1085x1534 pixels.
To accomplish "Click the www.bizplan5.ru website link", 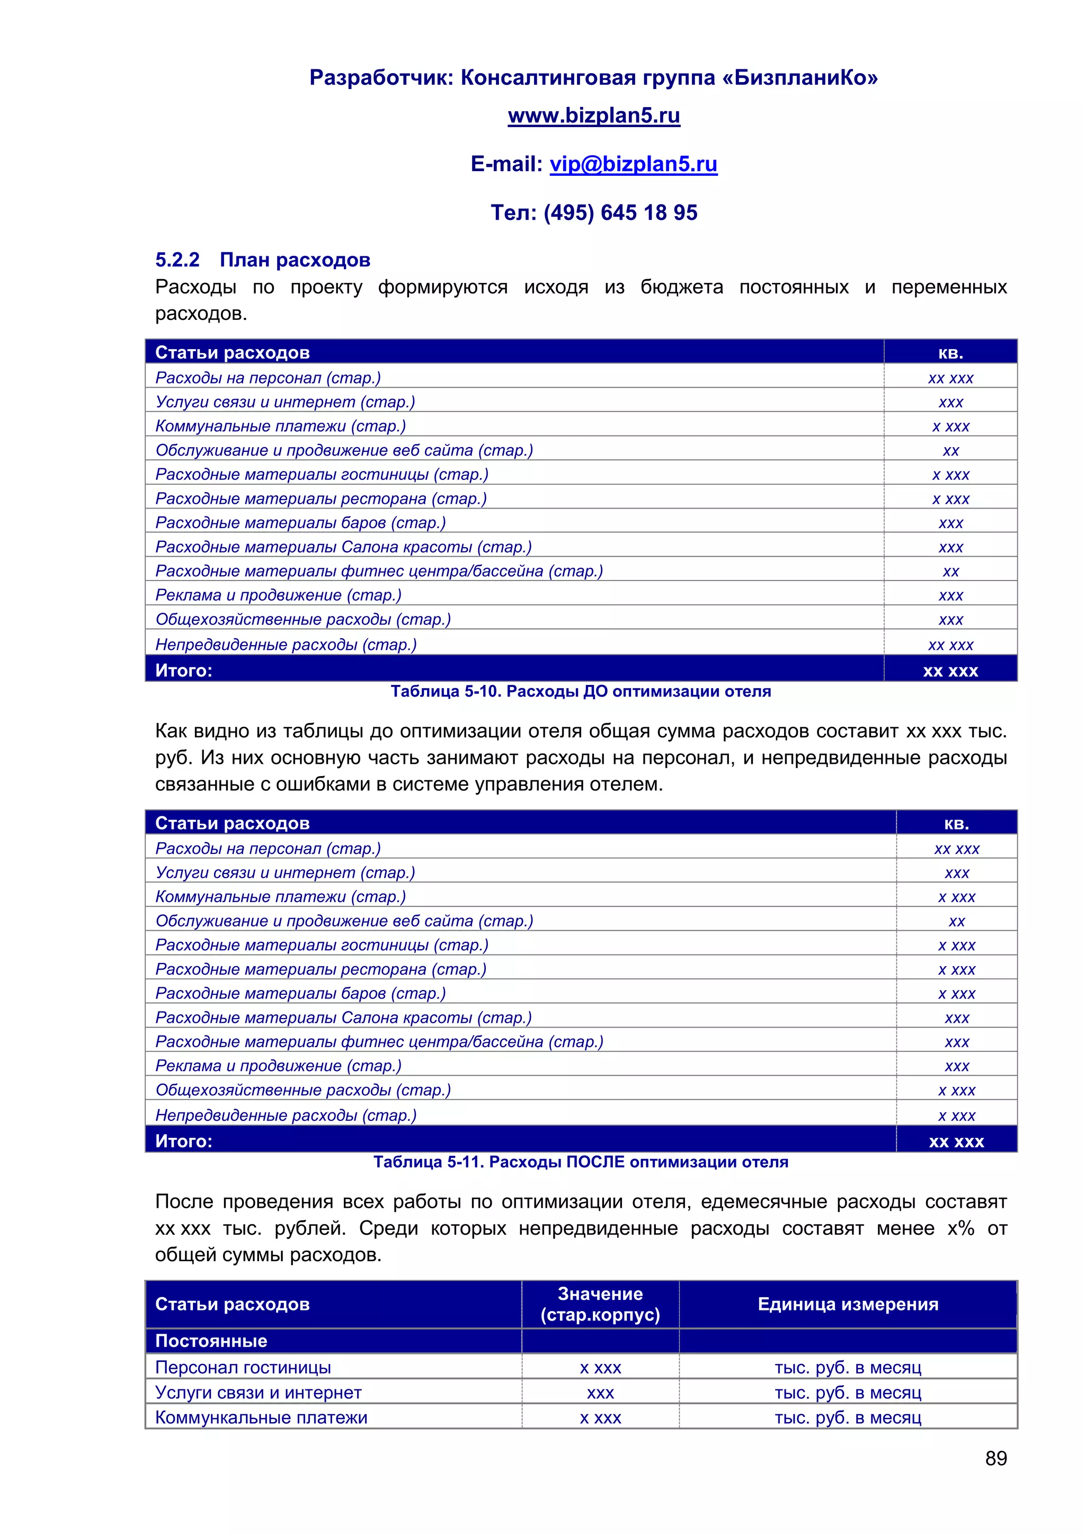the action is [x=593, y=115].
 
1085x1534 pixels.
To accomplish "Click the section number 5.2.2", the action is [x=177, y=260].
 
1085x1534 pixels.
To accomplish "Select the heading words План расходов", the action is [x=295, y=260].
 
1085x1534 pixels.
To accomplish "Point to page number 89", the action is [x=995, y=1458].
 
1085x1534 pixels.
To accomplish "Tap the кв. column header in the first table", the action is [x=950, y=352].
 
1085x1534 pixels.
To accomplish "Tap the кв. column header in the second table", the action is [x=956, y=823].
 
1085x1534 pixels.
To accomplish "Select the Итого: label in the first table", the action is [x=184, y=670].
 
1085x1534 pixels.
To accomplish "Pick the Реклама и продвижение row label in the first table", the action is [x=278, y=595].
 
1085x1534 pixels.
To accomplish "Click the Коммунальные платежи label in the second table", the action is [x=281, y=897].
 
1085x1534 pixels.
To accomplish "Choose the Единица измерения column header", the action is [x=847, y=1304].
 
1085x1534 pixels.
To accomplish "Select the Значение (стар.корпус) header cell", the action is [x=600, y=1304].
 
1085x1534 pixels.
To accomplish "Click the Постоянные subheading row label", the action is [x=211, y=1341].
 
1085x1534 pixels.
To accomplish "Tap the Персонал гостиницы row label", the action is [x=243, y=1368].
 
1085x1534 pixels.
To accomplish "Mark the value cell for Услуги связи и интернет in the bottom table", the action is [x=600, y=1393].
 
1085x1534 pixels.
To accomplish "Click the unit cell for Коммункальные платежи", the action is [x=847, y=1418].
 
